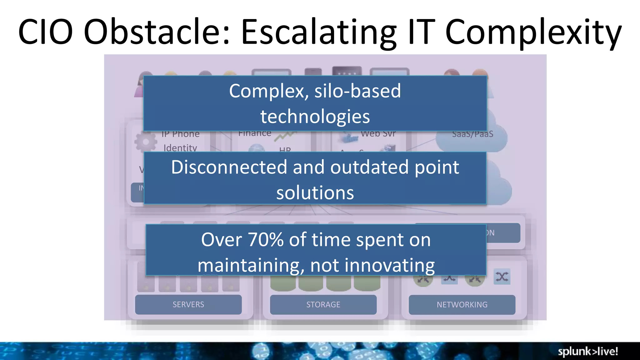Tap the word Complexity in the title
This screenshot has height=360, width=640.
coord(533,32)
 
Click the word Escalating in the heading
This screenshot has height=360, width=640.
coord(319,32)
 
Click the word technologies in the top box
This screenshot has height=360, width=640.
coord(315,117)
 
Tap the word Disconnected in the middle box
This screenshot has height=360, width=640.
coord(229,167)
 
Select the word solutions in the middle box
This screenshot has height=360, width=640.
coord(315,192)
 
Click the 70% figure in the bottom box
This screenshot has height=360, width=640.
coord(266,240)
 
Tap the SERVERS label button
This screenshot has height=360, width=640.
coord(188,304)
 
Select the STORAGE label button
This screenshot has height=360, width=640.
coord(323,304)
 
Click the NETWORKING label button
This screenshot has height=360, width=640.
coord(462,304)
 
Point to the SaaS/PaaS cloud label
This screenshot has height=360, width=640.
coord(472,134)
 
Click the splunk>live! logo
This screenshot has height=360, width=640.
coord(588,351)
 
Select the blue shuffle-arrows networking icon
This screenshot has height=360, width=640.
coord(502,277)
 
